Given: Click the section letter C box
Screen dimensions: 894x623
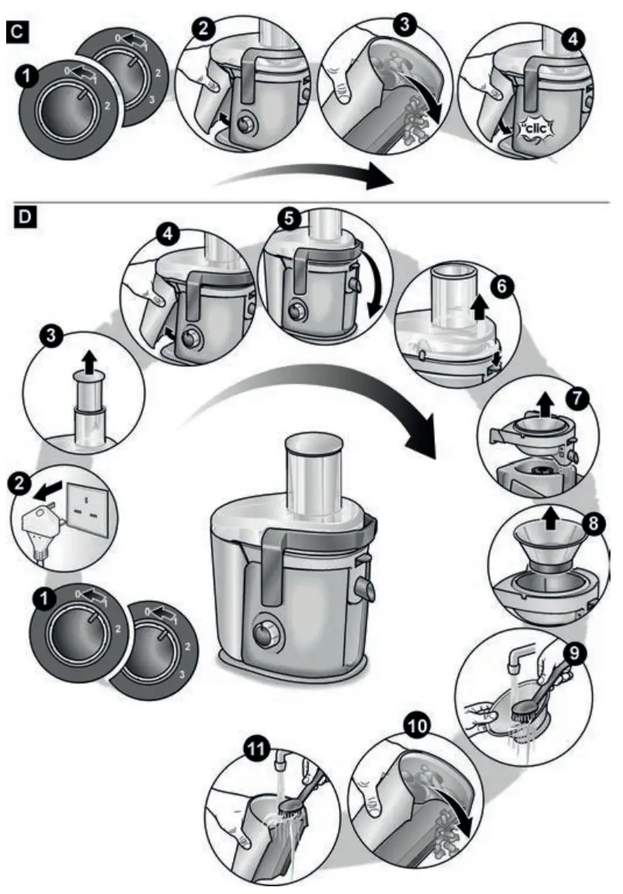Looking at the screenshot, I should (16, 30).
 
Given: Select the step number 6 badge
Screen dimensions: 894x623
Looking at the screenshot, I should (501, 287).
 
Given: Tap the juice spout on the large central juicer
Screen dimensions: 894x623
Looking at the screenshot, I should (364, 584).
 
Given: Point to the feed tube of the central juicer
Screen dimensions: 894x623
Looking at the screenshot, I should (316, 475).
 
